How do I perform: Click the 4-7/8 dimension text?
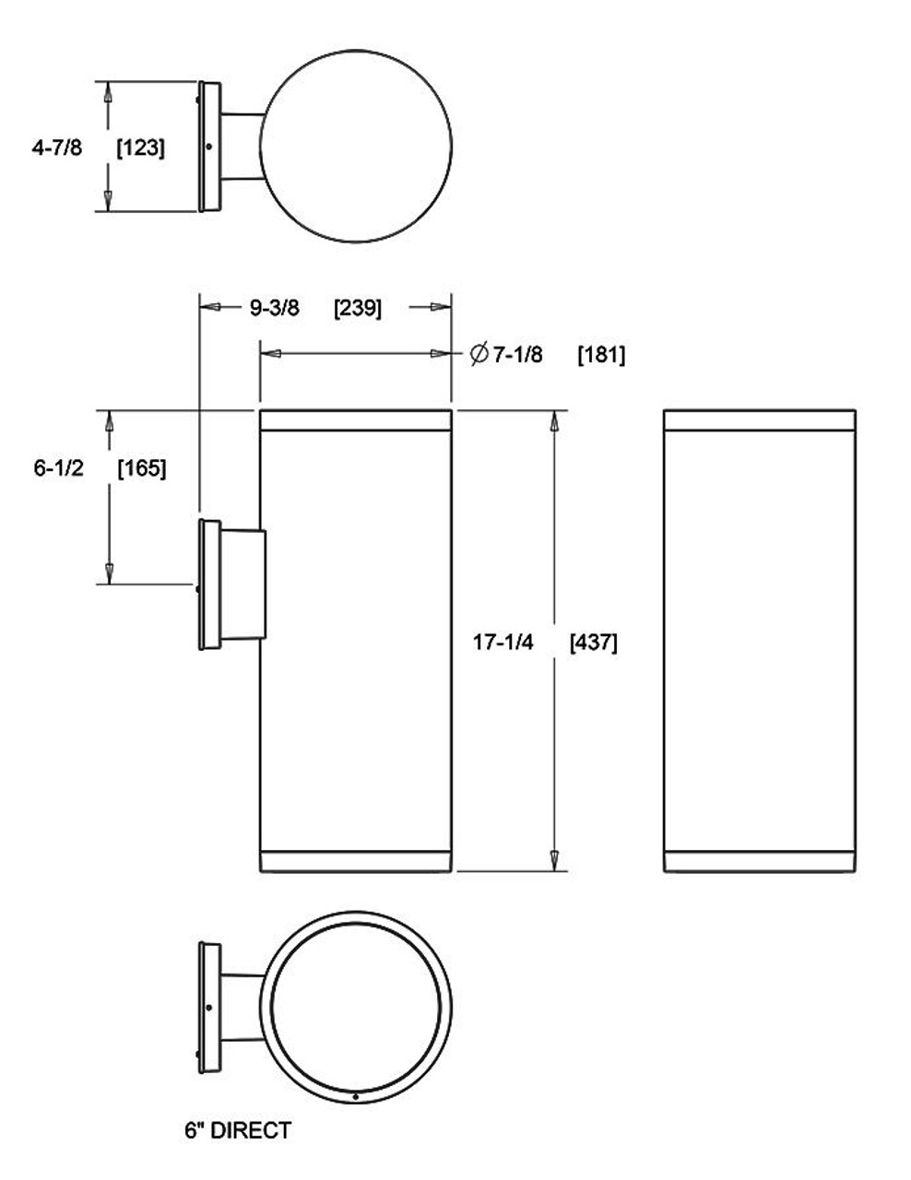pyautogui.click(x=56, y=147)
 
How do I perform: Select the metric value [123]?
pyautogui.click(x=141, y=147)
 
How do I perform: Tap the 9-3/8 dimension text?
pyautogui.click(x=274, y=308)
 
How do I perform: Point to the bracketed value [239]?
pyautogui.click(x=357, y=308)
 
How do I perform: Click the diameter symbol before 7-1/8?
pyautogui.click(x=478, y=354)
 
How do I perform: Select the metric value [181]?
pyautogui.click(x=600, y=354)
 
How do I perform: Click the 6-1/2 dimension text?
pyautogui.click(x=59, y=468)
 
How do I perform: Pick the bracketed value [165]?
pyautogui.click(x=142, y=468)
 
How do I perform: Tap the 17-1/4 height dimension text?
pyautogui.click(x=503, y=643)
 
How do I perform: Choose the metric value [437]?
pyautogui.click(x=593, y=643)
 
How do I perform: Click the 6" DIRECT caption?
pyautogui.click(x=238, y=1130)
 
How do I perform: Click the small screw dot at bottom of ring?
pyautogui.click(x=356, y=1096)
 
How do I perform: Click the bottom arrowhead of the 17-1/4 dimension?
pyautogui.click(x=554, y=860)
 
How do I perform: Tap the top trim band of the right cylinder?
pyautogui.click(x=759, y=419)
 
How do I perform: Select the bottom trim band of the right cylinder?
pyautogui.click(x=759, y=860)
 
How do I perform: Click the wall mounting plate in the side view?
pyautogui.click(x=209, y=584)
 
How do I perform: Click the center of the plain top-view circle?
pyautogui.click(x=357, y=147)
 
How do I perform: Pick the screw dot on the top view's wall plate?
pyautogui.click(x=210, y=146)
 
